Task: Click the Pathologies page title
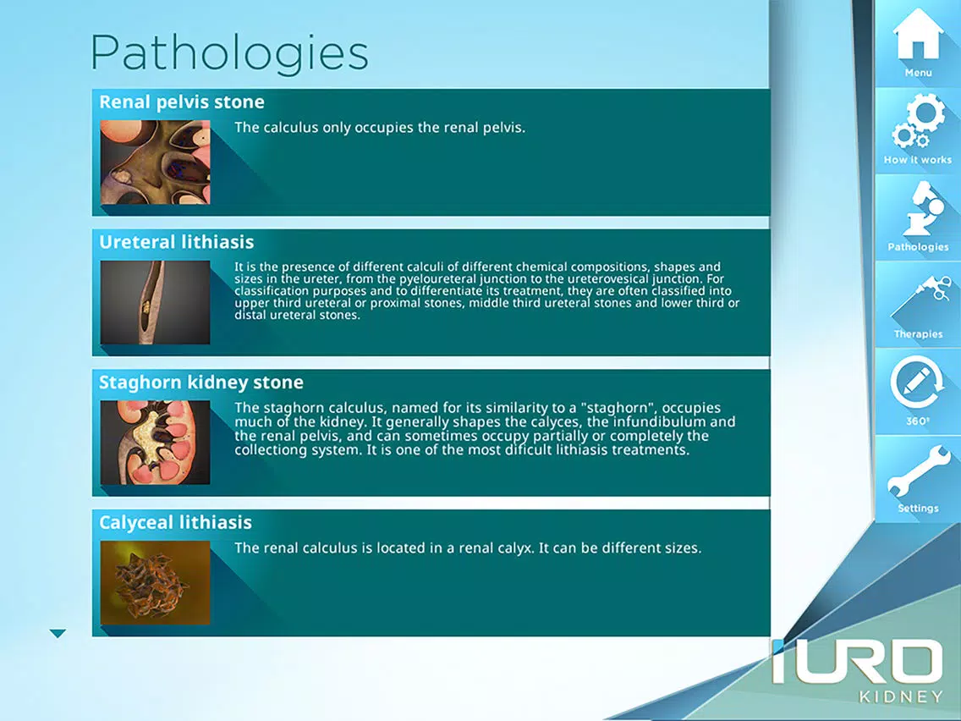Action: (229, 54)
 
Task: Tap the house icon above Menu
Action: (918, 35)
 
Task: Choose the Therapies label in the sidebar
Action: (918, 334)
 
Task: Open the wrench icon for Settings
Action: (918, 471)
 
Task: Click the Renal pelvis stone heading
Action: (181, 102)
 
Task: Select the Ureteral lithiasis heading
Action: (177, 242)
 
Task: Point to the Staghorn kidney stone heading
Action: (201, 383)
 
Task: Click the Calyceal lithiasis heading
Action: (175, 522)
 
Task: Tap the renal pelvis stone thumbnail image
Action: (155, 162)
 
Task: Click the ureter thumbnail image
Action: (155, 302)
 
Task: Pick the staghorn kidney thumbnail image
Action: (155, 443)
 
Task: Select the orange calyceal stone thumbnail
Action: (155, 582)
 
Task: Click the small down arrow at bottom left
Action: (58, 633)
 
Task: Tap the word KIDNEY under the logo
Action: (901, 696)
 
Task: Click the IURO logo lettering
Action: (857, 661)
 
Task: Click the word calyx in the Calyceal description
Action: (514, 548)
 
